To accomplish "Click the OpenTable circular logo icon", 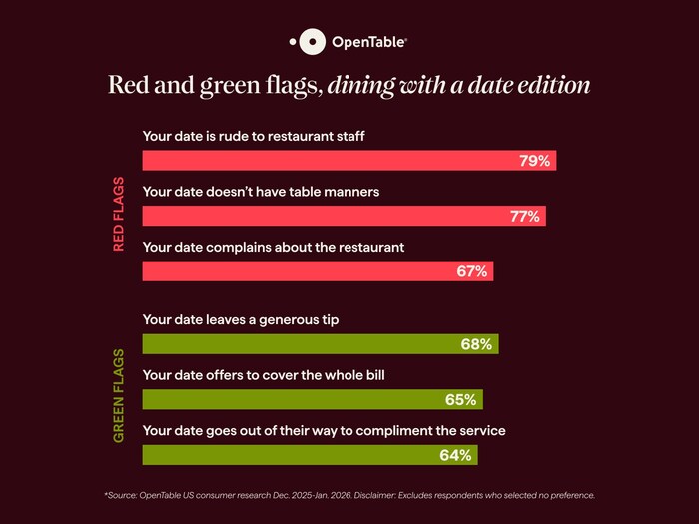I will point(312,41).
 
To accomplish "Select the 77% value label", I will point(524,217).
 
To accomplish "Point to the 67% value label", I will point(471,271).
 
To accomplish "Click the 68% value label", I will point(476,344).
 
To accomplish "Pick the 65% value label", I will point(461,400).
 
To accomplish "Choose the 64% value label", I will point(455,455).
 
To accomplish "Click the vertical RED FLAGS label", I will point(119,214).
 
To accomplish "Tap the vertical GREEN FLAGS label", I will point(119,396).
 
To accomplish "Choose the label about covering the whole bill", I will point(264,374).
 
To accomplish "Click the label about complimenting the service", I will point(324,430).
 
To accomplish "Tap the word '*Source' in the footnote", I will point(119,495).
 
